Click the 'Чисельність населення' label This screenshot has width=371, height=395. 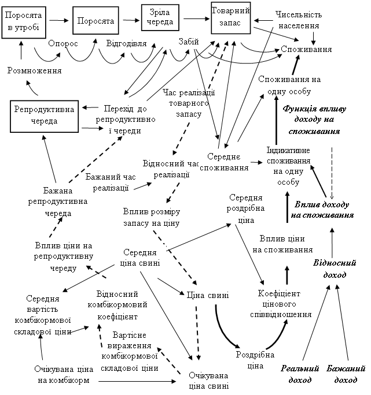[x=299, y=20]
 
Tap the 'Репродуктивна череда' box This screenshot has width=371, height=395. [x=44, y=115]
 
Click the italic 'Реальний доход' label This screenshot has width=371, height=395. [x=300, y=374]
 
